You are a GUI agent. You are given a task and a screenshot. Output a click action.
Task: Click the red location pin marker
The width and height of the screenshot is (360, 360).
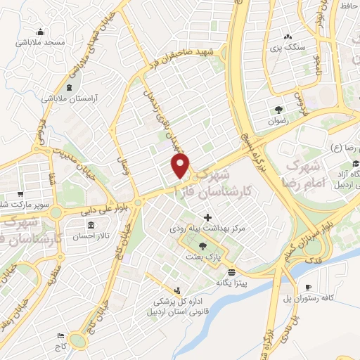point(181,167)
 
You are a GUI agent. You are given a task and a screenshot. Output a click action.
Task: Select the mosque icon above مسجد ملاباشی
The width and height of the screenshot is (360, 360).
point(41,31)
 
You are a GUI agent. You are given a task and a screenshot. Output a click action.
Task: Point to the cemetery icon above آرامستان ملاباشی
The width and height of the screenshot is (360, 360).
point(69,88)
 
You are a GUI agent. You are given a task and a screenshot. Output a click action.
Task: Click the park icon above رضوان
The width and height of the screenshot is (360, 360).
point(279,109)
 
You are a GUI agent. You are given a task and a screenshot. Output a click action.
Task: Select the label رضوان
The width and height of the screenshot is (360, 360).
point(279,120)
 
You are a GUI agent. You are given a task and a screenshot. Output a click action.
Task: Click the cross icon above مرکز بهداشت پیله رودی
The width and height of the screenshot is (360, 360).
point(207,217)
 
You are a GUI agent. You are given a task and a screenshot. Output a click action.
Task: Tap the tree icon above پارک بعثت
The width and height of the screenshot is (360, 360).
point(203,246)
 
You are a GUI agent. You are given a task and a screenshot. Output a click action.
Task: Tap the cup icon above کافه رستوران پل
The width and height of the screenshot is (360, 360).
point(309,288)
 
